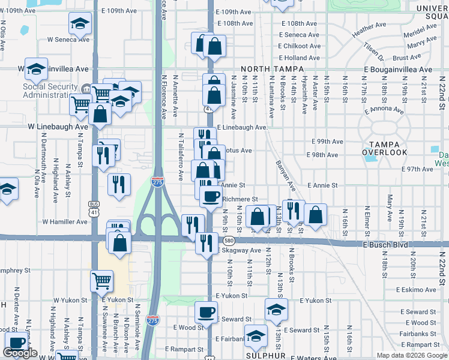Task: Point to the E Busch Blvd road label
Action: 388,245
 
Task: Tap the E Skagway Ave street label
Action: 240,250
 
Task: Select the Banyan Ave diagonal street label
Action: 282,175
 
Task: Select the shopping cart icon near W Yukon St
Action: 101,280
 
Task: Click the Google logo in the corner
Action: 20,353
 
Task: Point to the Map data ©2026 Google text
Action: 411,355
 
